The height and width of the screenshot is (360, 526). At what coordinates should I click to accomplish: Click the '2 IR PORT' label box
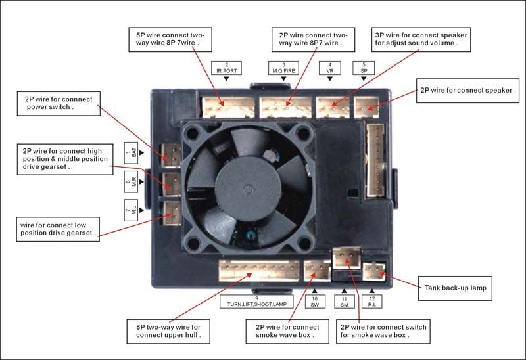pyautogui.click(x=226, y=67)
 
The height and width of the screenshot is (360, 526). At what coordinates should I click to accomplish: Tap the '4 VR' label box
pyautogui.click(x=329, y=67)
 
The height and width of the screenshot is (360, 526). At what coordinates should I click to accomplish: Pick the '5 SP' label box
pyautogui.click(x=364, y=67)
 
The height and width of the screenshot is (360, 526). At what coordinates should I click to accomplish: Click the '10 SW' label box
pyautogui.click(x=314, y=302)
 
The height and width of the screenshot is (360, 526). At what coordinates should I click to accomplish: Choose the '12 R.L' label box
pyautogui.click(x=371, y=302)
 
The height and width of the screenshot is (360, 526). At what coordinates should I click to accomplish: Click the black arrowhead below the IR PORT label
pyautogui.click(x=226, y=79)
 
